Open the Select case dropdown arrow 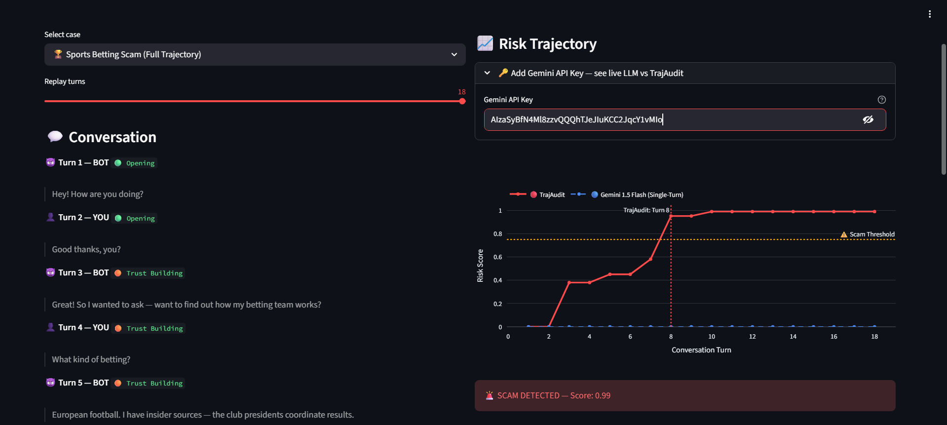454,55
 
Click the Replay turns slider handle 462,101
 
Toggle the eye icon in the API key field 868,120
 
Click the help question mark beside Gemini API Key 881,100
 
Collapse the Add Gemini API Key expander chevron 487,73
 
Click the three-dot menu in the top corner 929,14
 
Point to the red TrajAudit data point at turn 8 671,216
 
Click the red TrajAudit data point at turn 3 569,282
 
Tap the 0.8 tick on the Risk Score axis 498,234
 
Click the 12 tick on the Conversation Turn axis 752,337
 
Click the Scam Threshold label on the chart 871,234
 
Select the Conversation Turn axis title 701,350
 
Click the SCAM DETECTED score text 554,396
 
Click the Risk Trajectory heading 547,44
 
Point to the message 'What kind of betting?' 91,360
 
